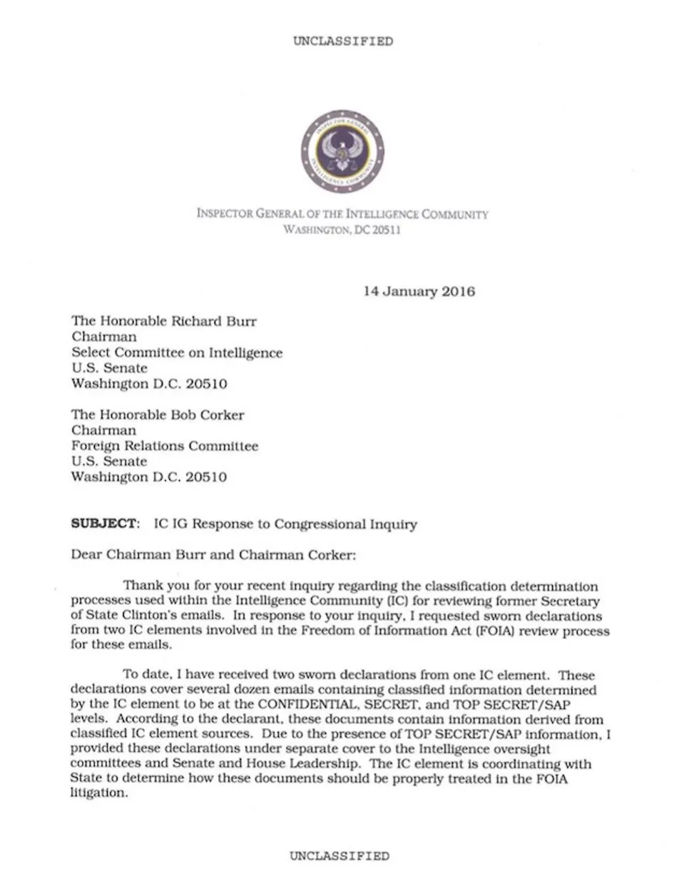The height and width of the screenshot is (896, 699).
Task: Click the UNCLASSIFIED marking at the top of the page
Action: pyautogui.click(x=342, y=41)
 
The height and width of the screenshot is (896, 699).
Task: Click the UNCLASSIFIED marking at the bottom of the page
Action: pyautogui.click(x=340, y=856)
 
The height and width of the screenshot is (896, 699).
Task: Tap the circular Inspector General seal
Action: pyautogui.click(x=343, y=151)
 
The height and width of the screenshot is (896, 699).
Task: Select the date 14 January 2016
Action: pyautogui.click(x=419, y=291)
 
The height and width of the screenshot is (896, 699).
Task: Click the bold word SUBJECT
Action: pyautogui.click(x=103, y=524)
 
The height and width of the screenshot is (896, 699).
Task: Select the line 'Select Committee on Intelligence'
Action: pyautogui.click(x=176, y=352)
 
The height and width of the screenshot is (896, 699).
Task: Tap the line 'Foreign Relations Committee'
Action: pyautogui.click(x=164, y=447)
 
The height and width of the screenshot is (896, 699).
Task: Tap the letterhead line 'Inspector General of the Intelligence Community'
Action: pyautogui.click(x=342, y=214)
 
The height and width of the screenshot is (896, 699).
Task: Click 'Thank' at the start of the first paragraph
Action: pyautogui.click(x=143, y=586)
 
